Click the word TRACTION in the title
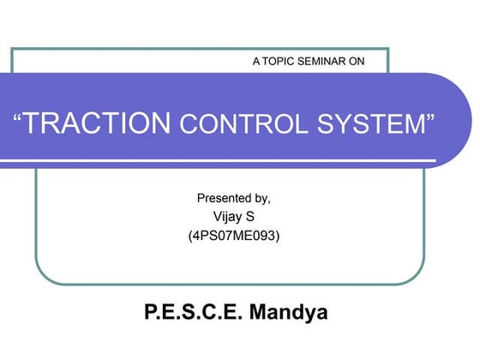click(x=98, y=123)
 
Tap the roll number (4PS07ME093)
click(x=233, y=234)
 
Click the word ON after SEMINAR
click(x=369, y=62)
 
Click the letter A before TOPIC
click(x=257, y=62)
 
